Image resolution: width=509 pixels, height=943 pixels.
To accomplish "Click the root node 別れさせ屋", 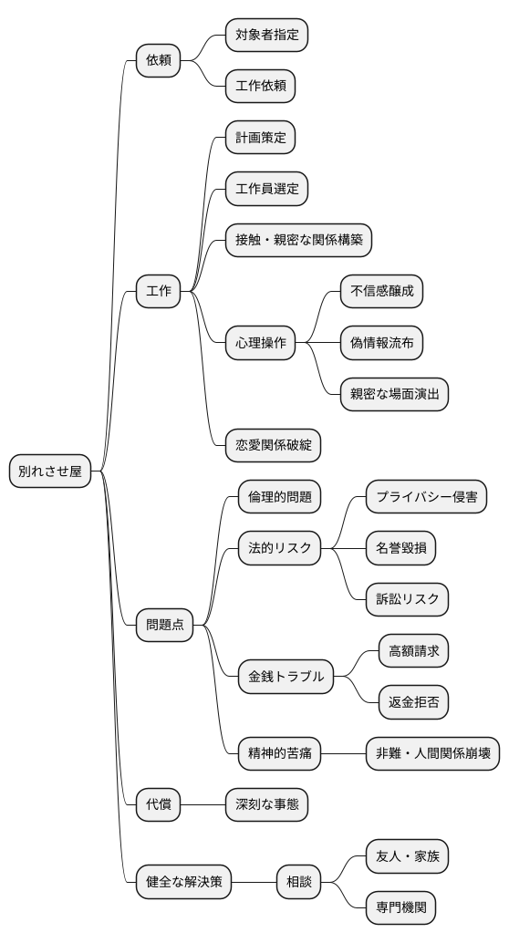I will tap(50, 471).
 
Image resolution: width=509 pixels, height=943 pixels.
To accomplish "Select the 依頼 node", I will tap(158, 61).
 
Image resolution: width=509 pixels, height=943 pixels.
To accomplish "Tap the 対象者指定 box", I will tap(266, 36).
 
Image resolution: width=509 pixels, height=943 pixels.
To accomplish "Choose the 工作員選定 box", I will tap(266, 189).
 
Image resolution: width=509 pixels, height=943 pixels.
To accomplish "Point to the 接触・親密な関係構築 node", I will tap(298, 240).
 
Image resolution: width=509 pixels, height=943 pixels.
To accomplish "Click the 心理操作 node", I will tap(260, 343).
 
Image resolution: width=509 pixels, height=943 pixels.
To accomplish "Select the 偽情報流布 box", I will tap(381, 343).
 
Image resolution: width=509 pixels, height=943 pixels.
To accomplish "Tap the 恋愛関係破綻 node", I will tap(273, 445).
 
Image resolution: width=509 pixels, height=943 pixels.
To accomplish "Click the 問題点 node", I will tap(164, 625).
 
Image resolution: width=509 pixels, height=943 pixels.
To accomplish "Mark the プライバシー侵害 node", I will tap(426, 497).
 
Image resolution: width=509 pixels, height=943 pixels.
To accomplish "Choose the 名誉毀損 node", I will tap(400, 548).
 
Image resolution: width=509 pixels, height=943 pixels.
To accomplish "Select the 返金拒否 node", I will tap(413, 702).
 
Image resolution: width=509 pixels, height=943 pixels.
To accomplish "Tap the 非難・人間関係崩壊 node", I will tap(432, 753).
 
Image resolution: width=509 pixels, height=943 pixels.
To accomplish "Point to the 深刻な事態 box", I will tap(266, 804).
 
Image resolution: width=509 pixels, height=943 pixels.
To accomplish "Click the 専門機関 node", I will tap(400, 907).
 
